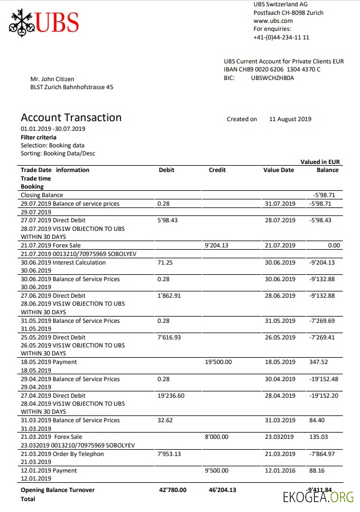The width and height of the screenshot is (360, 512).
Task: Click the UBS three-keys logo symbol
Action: tap(21, 22)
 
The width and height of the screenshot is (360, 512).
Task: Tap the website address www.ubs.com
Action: tap(273, 21)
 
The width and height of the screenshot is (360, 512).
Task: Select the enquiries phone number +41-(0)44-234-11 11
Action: tap(281, 37)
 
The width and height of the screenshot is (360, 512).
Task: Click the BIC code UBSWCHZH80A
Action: tap(273, 78)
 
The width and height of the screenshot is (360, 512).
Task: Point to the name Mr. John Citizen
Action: tap(52, 79)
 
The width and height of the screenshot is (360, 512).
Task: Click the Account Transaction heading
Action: tap(71, 117)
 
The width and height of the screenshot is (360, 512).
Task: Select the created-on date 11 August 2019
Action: tap(290, 119)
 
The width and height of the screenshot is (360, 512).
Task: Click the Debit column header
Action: tap(166, 170)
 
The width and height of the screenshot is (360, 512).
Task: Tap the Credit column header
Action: tap(217, 170)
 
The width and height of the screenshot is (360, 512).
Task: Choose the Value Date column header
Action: tap(278, 170)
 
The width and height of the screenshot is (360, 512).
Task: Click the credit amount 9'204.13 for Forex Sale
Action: tap(216, 245)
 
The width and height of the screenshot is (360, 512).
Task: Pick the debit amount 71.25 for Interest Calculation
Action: tap(165, 262)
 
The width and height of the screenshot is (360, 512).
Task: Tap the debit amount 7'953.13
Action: tap(169, 454)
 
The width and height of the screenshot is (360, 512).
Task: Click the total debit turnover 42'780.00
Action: tap(173, 490)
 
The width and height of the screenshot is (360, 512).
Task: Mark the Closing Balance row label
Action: tap(42, 195)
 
